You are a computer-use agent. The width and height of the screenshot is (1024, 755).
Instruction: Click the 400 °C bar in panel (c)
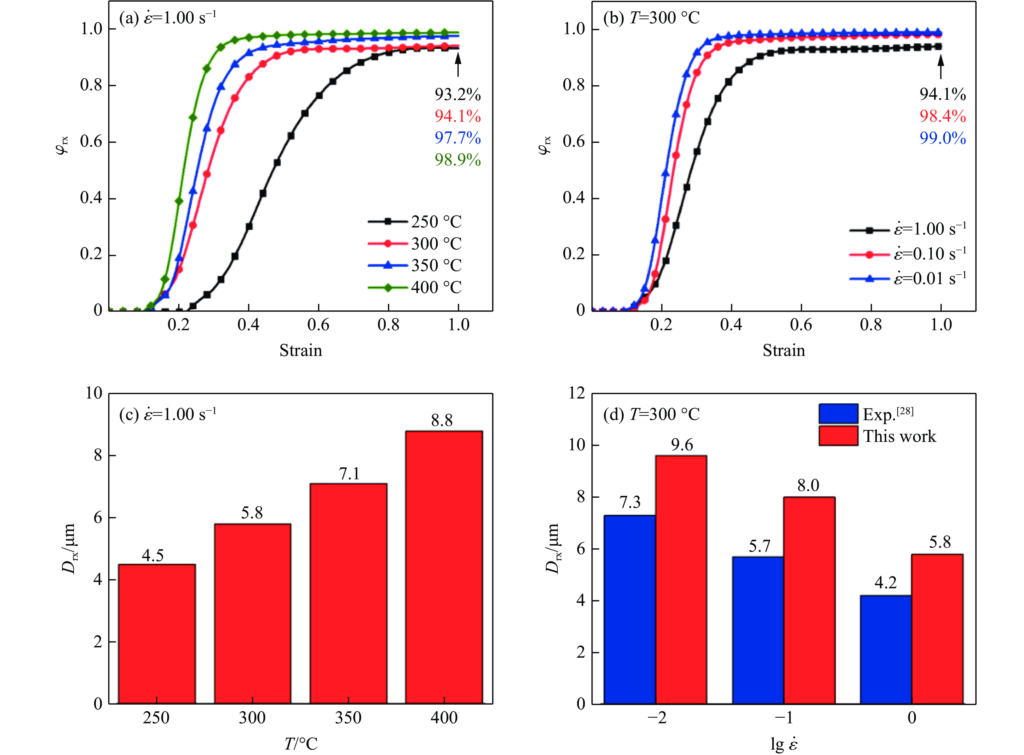click(444, 567)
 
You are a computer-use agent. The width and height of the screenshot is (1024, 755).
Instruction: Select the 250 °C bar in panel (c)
click(157, 634)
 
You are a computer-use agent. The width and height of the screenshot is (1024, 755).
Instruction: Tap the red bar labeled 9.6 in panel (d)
click(681, 580)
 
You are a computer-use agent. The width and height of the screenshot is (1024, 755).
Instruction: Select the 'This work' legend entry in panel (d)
click(877, 436)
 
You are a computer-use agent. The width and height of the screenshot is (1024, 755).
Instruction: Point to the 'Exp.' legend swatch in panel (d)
click(838, 414)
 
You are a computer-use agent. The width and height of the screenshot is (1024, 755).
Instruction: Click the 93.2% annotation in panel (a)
click(458, 95)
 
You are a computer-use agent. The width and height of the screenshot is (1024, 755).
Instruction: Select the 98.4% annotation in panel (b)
click(943, 116)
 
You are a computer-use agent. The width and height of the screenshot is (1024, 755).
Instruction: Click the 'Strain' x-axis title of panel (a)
click(300, 351)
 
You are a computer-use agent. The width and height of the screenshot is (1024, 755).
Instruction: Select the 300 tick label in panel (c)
click(252, 718)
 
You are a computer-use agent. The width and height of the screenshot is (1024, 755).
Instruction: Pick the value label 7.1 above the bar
click(349, 474)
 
